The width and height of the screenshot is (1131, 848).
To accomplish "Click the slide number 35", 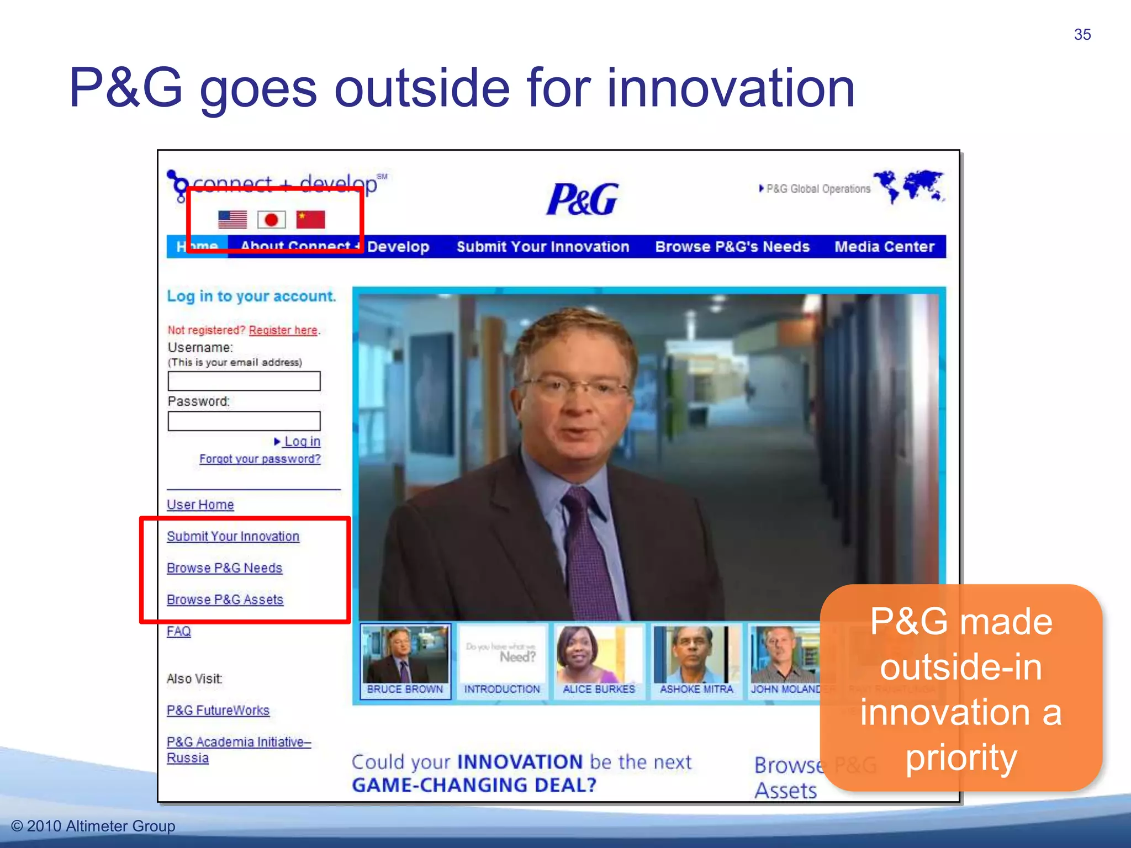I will point(1082,35).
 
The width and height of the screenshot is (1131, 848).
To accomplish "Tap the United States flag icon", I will point(232,219).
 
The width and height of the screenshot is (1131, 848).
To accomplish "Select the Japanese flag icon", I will point(271,220).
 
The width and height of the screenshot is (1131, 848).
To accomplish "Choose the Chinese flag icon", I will point(310,219).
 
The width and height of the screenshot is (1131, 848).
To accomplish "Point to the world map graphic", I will point(909,187).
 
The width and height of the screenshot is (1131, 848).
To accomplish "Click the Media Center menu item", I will point(884,247).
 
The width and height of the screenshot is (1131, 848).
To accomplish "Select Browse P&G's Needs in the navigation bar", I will point(732,247).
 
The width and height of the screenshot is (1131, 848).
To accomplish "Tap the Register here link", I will point(283,330).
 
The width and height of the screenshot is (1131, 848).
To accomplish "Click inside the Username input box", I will point(244,381).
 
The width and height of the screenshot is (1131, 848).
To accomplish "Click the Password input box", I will point(244,421).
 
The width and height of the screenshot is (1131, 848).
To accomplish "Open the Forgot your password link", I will point(260,459).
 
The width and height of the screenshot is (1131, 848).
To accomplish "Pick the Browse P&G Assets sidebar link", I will point(225,600).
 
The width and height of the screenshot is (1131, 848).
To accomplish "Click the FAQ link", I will point(178,631).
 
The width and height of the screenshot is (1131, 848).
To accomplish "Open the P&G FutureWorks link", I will point(218,711).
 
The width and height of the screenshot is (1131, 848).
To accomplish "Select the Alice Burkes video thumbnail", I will point(599,660).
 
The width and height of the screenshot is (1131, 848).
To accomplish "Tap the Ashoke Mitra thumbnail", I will point(696,660).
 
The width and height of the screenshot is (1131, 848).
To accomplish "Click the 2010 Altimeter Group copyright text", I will point(93,826).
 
